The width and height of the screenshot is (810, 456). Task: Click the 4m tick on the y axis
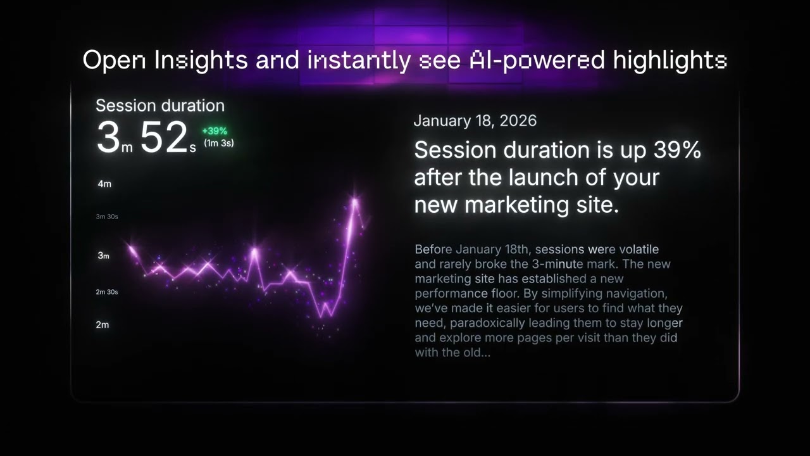point(104,184)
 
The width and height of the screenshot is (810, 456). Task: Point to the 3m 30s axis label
point(107,217)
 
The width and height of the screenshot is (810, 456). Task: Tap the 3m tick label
point(103,255)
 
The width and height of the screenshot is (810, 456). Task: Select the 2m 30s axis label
point(107,292)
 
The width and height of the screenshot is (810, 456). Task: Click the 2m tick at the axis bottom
point(103,324)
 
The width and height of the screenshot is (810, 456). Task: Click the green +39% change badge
point(215,131)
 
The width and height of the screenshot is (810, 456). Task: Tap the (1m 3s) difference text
point(218,143)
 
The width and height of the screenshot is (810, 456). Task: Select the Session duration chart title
point(160,106)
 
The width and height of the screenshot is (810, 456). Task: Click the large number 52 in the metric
point(163,138)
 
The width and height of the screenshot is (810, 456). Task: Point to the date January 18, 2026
point(475,121)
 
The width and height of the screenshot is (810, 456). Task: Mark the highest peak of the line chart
point(355,201)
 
